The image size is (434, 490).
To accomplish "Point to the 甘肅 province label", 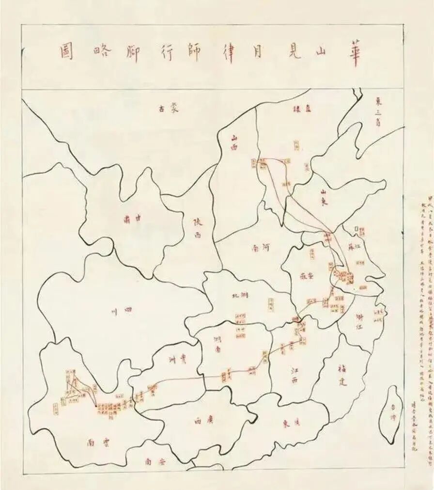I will pos(132,219).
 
